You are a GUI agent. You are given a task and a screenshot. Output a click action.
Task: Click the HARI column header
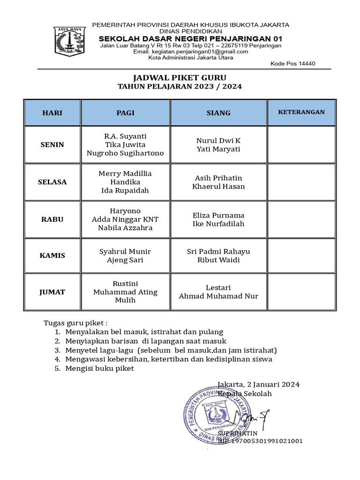tap(52, 112)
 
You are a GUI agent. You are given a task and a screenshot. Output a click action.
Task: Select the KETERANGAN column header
tap(301, 112)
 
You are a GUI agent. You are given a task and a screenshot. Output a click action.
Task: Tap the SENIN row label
tap(52, 144)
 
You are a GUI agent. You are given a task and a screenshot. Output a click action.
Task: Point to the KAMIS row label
tap(52, 255)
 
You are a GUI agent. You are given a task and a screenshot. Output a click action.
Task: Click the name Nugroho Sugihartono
tap(125, 153)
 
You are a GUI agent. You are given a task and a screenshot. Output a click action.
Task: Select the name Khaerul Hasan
tap(218, 187)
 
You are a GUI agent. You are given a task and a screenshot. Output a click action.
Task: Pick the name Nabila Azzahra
tap(125, 228)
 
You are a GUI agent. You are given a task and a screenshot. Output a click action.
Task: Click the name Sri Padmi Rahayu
tap(218, 251)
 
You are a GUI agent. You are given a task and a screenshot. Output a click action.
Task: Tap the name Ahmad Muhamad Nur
tap(218, 296)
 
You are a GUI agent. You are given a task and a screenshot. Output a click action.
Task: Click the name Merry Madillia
tap(125, 173)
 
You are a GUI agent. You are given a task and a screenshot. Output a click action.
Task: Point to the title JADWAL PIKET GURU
tap(180, 77)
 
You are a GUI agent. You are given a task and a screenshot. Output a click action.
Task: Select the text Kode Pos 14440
tap(293, 64)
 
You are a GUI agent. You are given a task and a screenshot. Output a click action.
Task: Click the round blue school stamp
tap(216, 415)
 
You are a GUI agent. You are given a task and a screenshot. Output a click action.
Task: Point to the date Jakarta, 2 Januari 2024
tap(259, 384)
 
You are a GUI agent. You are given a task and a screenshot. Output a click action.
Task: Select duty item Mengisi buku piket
tap(99, 368)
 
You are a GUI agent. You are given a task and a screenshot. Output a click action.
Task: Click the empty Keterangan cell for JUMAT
tap(301, 292)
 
